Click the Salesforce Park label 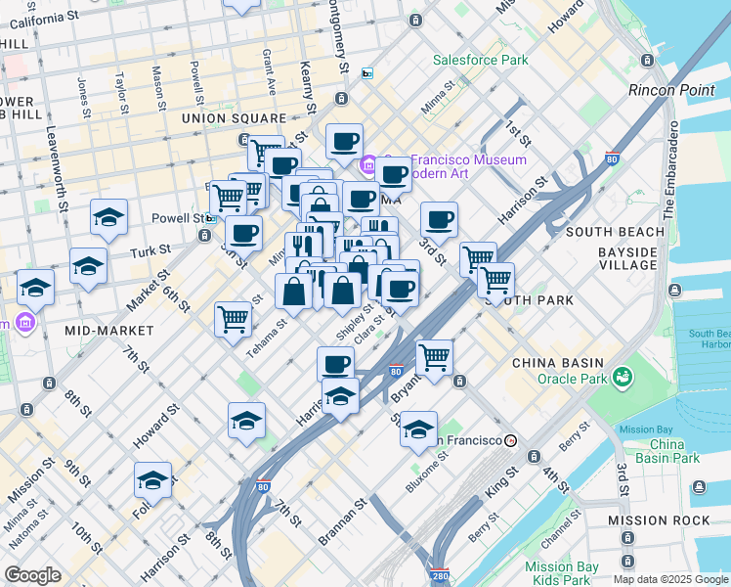tap(480, 61)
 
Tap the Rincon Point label tap(673, 90)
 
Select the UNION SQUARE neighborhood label tap(233, 118)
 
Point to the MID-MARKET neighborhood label tap(110, 331)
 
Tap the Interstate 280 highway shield tap(441, 574)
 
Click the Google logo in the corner tap(32, 575)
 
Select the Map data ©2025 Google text tap(670, 579)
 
